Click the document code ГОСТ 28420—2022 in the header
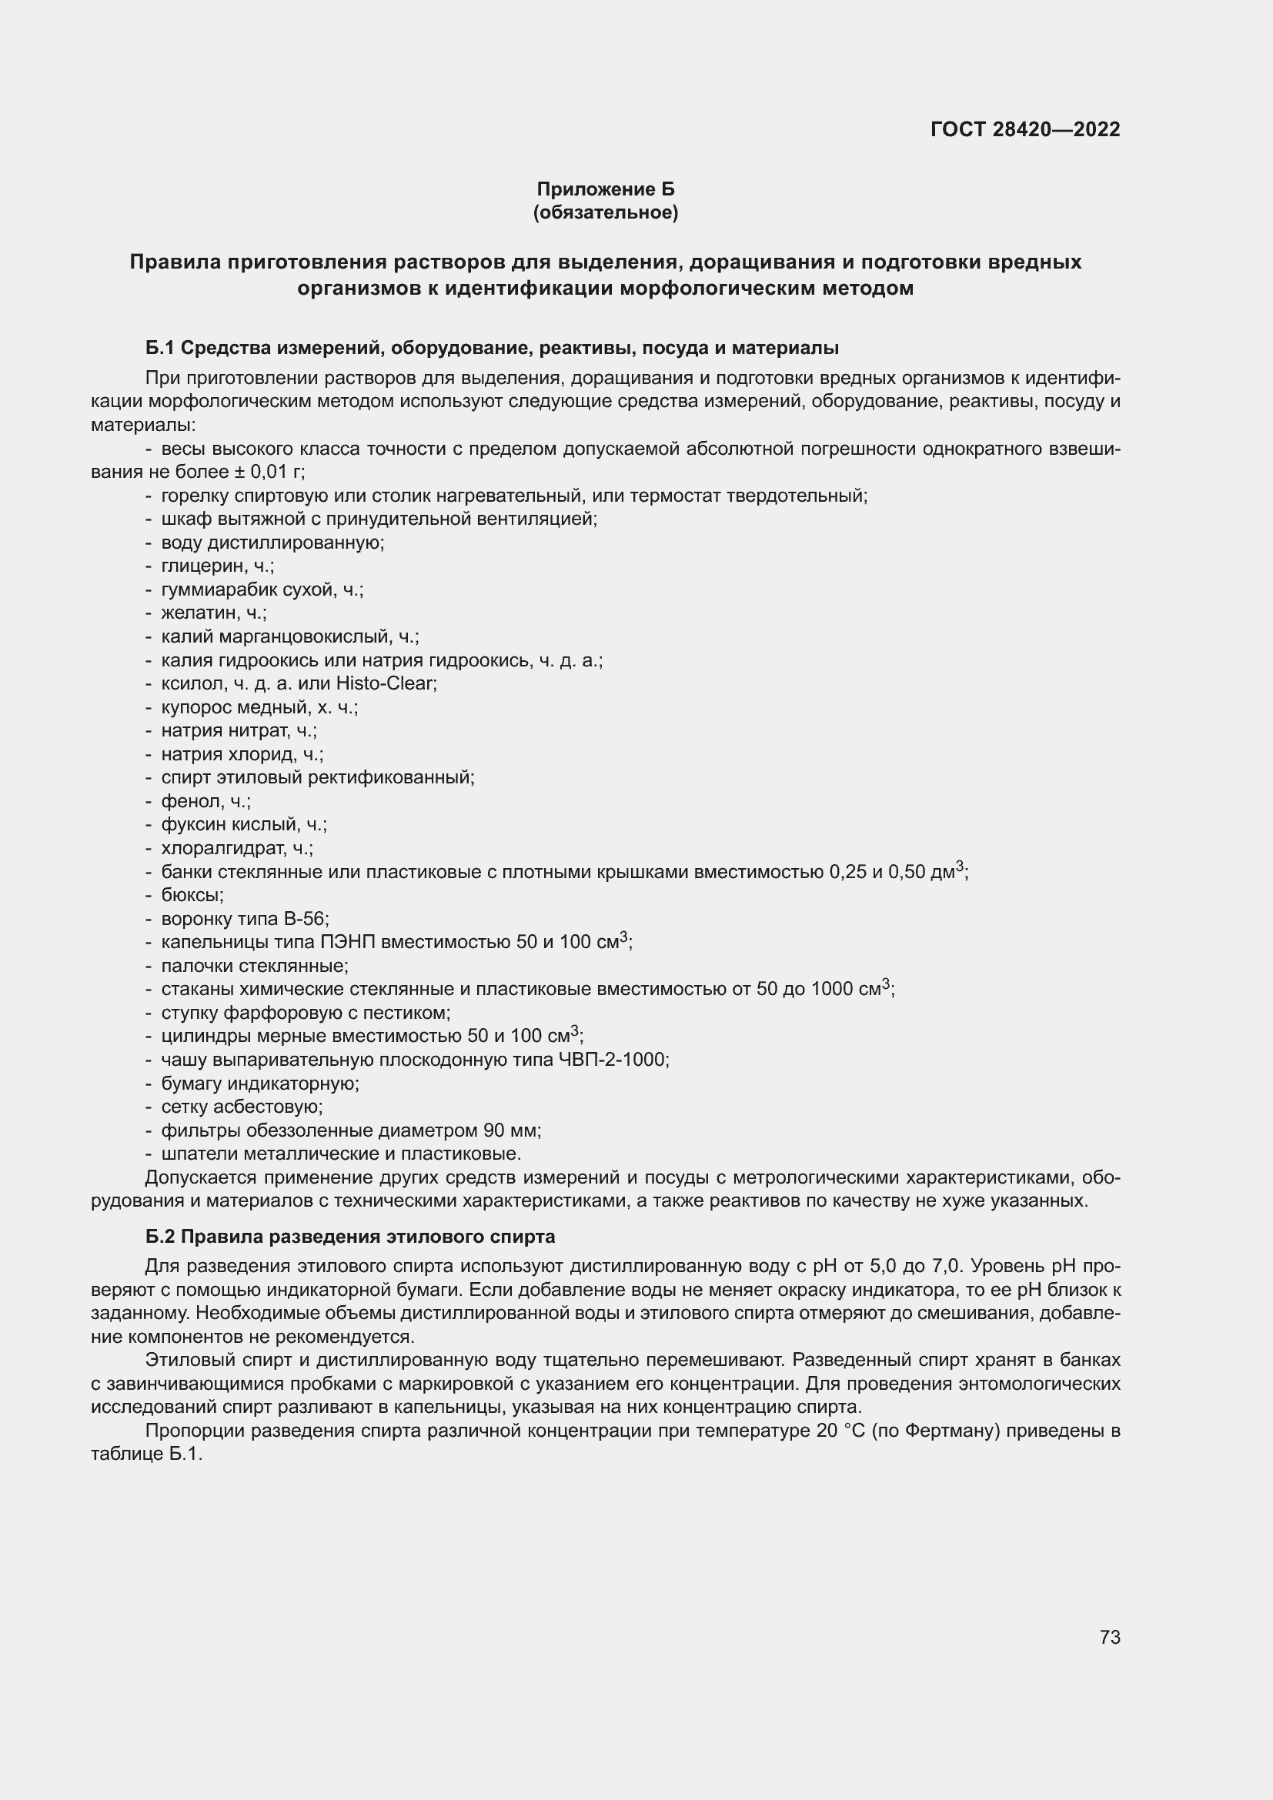coord(1024,129)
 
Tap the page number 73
coord(1109,1637)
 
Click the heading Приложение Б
coord(605,189)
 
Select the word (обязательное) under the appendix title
coord(605,212)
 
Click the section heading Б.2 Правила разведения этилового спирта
coord(350,1237)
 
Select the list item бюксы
coord(192,895)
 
